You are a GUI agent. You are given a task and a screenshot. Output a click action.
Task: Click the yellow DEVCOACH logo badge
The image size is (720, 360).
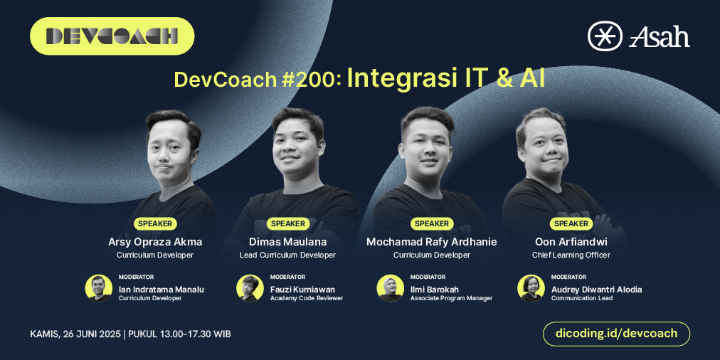[x=112, y=36]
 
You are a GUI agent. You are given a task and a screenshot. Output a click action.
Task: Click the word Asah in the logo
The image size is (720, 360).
[x=660, y=36]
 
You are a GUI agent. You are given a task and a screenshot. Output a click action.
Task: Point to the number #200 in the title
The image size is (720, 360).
[x=312, y=79]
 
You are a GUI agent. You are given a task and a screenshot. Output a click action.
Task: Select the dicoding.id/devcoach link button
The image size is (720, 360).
[x=616, y=333]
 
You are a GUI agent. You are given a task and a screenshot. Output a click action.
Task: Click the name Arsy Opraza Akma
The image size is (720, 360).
[x=155, y=242]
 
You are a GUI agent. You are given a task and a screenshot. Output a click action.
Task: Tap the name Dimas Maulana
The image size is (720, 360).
[x=288, y=242]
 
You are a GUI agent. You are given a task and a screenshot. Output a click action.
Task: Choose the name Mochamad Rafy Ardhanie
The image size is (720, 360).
[x=431, y=242]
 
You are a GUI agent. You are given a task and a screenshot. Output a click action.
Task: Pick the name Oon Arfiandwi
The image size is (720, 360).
[x=571, y=242]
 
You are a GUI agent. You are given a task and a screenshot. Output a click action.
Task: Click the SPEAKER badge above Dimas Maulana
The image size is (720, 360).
[x=288, y=223]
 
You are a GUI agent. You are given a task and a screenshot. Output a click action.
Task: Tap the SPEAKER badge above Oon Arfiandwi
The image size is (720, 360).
[x=571, y=223]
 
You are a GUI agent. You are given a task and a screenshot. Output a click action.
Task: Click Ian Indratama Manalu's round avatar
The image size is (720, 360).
[x=99, y=288]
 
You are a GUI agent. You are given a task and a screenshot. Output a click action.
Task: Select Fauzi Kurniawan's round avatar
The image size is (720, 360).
[x=250, y=288]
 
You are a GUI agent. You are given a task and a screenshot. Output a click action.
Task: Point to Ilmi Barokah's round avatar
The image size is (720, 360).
[x=390, y=288]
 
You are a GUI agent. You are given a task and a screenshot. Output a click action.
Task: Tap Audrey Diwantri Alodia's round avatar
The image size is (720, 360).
[x=531, y=288]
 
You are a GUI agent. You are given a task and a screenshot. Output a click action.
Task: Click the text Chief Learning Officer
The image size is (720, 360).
[x=571, y=255]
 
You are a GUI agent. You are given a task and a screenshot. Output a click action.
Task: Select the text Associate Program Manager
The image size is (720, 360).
[x=451, y=298]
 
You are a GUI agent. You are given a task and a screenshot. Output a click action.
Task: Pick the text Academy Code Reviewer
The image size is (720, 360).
[x=307, y=298]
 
